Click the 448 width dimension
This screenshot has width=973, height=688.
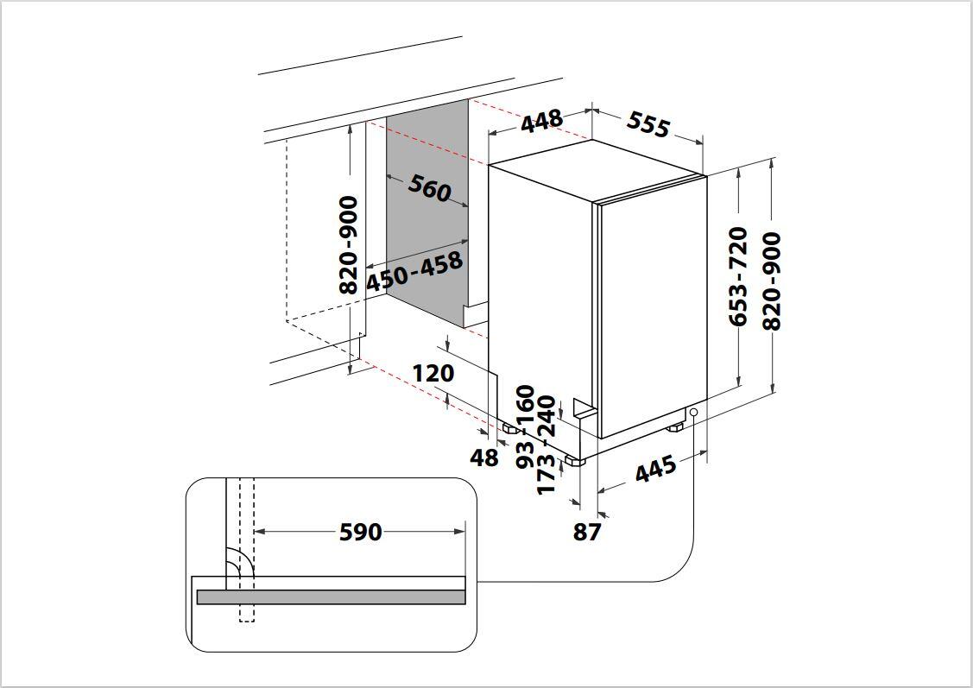pos(541,122)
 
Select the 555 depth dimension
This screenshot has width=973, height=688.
pos(648,125)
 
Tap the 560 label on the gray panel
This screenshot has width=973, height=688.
pos(429,187)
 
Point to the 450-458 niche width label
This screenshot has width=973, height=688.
pos(414,270)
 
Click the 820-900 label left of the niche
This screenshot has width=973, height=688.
pos(348,244)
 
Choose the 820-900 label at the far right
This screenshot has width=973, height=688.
pos(771,281)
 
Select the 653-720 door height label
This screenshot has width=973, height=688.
pos(737,276)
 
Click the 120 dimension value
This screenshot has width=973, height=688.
pos(433,374)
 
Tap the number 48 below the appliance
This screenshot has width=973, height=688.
pos(484,458)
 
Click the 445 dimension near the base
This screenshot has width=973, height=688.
pos(655,470)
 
